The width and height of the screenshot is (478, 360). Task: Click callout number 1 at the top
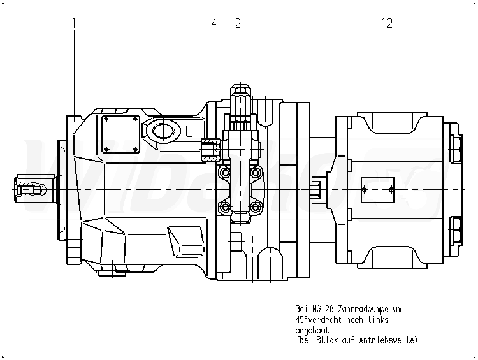coord(75,24)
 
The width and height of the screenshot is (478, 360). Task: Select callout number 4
coord(214,24)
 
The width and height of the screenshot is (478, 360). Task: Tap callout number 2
coord(238,24)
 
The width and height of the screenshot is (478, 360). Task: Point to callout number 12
coord(387,24)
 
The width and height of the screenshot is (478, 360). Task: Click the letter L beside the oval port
coord(189,132)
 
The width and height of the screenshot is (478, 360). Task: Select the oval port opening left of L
coord(163,131)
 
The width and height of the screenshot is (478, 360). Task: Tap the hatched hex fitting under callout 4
coord(210,149)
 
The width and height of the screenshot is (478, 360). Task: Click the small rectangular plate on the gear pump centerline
coord(377,190)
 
